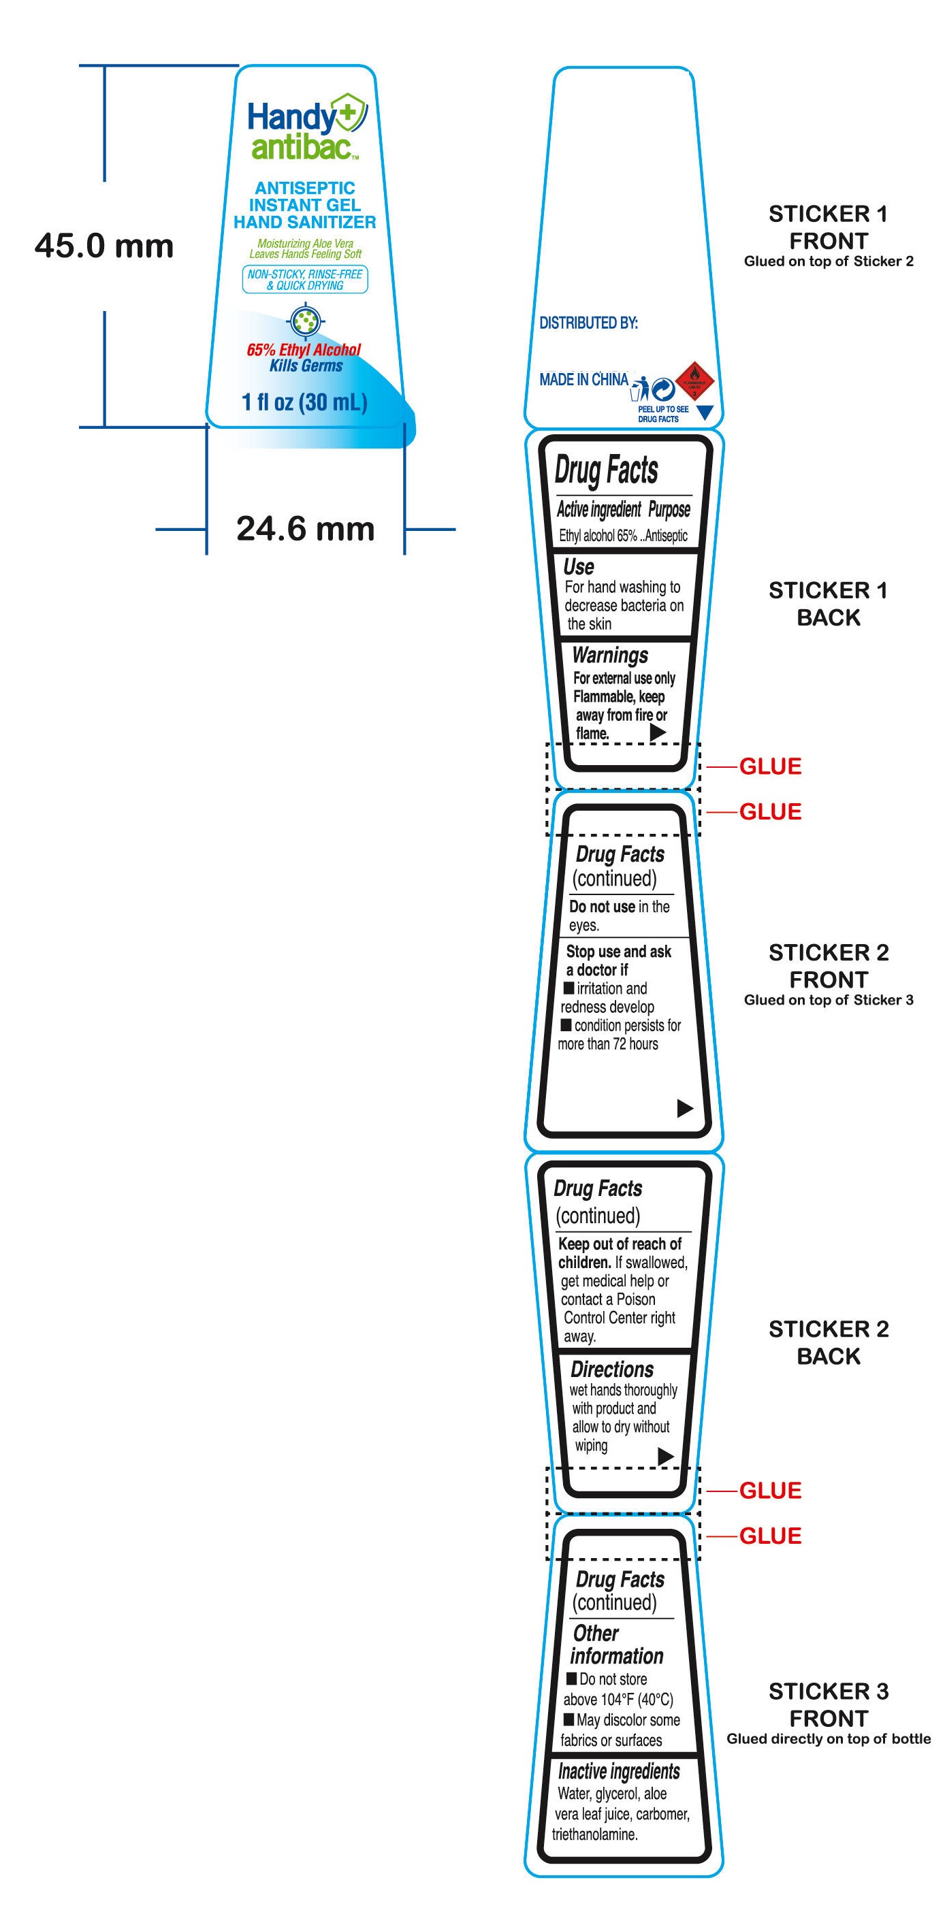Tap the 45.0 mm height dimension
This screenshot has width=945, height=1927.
[x=104, y=246]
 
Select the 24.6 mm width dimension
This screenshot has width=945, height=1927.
[x=305, y=529]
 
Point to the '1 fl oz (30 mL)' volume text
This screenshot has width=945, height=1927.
[x=304, y=402]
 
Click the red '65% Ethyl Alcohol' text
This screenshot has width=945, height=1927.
[x=304, y=349]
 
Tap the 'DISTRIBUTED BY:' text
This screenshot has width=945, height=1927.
[x=588, y=323]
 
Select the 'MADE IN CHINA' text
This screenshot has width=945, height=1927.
[x=583, y=380]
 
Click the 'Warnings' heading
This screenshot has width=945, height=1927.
[x=610, y=656]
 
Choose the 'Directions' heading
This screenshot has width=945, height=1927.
[x=611, y=1370]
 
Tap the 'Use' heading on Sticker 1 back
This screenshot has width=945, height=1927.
[x=579, y=567]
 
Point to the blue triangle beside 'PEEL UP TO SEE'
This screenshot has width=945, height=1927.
[x=704, y=411]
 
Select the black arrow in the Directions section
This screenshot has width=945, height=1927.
[x=665, y=1456]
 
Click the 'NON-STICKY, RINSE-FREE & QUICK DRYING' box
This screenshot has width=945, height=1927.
[x=304, y=280]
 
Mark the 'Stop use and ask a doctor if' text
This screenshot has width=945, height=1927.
[x=618, y=960]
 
